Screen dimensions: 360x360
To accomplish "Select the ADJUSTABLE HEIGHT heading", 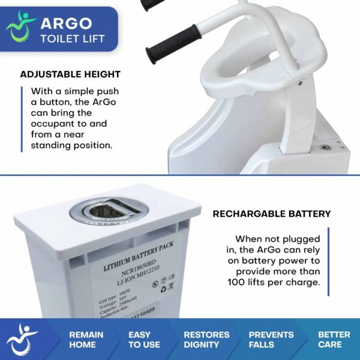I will pos(70,75).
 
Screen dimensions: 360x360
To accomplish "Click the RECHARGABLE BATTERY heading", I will pos(272,214).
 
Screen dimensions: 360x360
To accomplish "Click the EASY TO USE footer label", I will pos(144,340).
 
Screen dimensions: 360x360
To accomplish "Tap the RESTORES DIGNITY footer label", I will pos(206,340).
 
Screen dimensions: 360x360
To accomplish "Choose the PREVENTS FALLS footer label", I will pos(271,340).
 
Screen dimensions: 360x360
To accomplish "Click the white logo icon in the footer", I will pos(24,340).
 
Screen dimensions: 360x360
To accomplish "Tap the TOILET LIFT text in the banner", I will pos(73,40).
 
